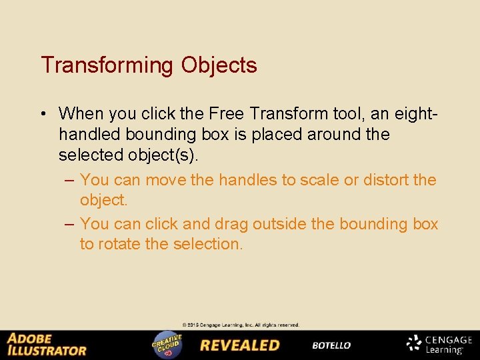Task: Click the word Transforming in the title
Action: [x=107, y=66]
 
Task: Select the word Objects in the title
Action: [x=218, y=66]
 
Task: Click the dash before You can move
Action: [x=69, y=180]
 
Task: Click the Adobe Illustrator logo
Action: [x=47, y=345]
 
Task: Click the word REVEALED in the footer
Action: [x=239, y=345]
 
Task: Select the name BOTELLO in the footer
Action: [x=331, y=345]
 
